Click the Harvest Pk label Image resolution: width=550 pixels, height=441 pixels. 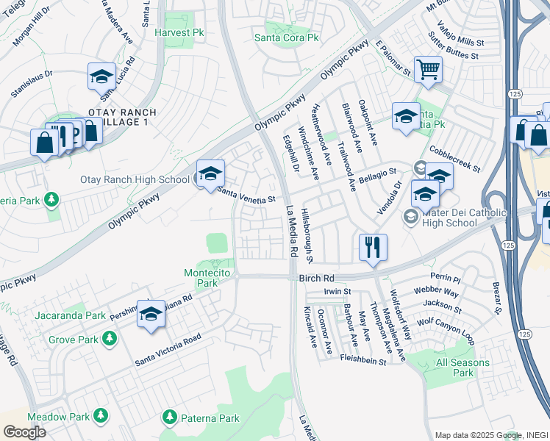coord(179,33)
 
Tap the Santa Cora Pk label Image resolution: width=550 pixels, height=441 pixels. coord(287,37)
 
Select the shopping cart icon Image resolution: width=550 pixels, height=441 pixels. coord(428,71)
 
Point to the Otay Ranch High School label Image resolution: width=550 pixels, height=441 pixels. coord(135,179)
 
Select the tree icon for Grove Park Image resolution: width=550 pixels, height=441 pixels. coord(110,339)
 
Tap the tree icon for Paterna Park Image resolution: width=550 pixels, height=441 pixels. coord(170,417)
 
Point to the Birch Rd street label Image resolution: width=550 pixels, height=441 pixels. coord(317,279)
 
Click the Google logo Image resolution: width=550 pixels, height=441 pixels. coord(24,431)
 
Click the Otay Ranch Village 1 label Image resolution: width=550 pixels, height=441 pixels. coord(121,117)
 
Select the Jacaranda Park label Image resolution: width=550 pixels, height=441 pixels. coord(70,315)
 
